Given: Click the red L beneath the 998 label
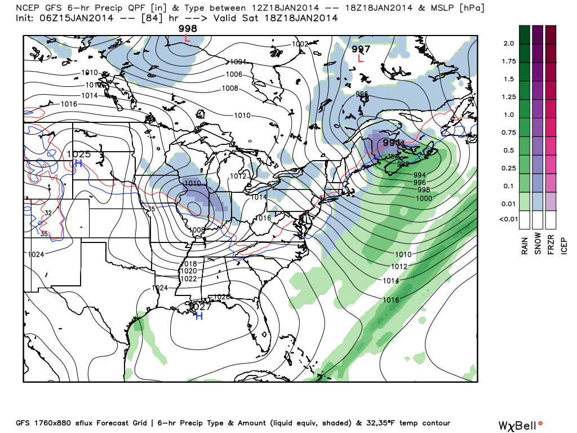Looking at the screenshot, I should [188, 38].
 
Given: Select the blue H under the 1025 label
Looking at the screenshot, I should [78, 164].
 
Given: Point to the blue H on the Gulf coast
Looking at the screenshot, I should [198, 317].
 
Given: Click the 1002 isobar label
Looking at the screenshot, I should [300, 44].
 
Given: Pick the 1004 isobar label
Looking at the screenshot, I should [239, 62].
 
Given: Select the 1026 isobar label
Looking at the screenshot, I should [222, 297].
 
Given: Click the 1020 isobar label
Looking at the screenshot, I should [188, 271].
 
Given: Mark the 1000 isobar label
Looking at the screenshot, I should [424, 198].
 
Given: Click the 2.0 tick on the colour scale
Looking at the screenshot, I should [509, 43].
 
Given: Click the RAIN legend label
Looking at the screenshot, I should [525, 244].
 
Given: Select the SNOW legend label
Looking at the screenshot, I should [538, 244].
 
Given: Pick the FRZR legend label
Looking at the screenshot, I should [551, 244].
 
